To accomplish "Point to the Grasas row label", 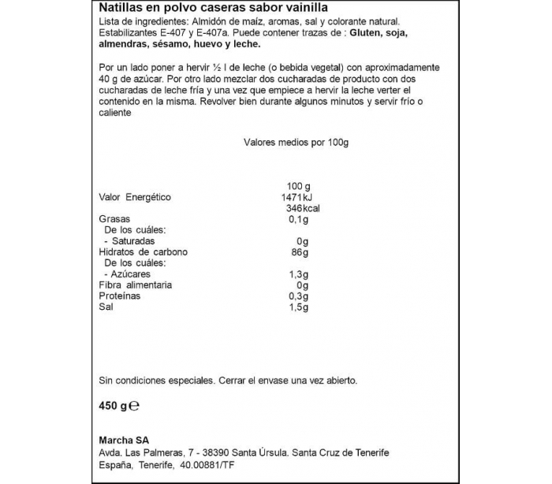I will pos(114,219).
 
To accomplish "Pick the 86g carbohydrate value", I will pos(298,252).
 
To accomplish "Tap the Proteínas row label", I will pos(120,296).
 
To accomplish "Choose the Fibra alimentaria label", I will pos(135,285).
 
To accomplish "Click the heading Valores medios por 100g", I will pos(296,143).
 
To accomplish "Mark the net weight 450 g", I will pos(113,406).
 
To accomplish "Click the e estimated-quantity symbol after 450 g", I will pos(134,407).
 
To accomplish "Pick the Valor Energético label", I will pos(134,197).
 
